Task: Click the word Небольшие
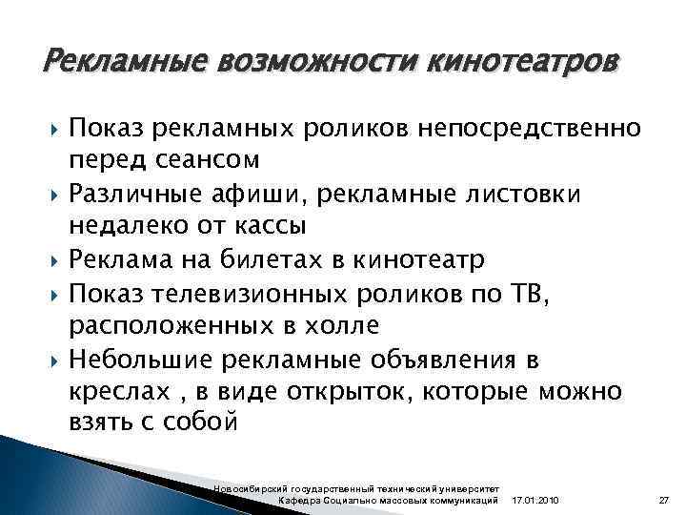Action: pos(152,359)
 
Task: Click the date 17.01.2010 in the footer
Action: pos(536,501)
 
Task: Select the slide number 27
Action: pos(665,501)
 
